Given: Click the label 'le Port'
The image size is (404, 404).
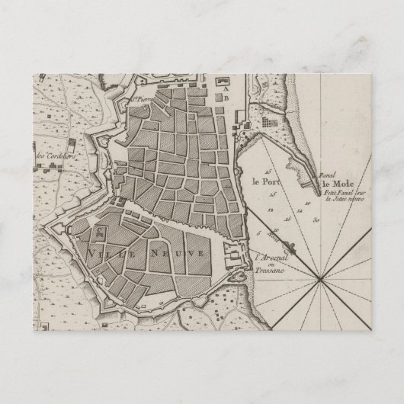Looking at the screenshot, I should point(261,181).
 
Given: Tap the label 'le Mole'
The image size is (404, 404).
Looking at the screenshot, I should point(336,183).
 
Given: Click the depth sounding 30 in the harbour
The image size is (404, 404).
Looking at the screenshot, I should point(315,219).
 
